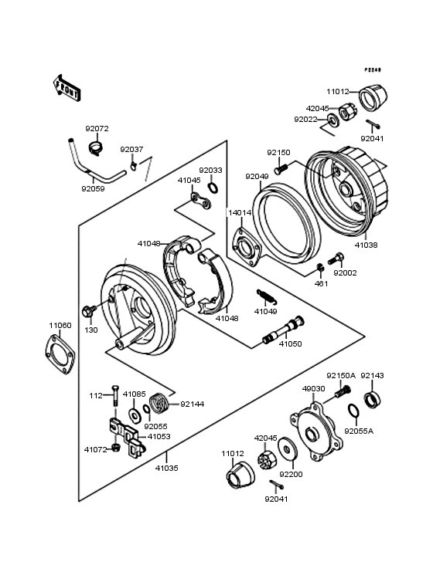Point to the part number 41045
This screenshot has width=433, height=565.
coord(189,180)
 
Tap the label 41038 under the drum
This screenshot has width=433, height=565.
coord(367,245)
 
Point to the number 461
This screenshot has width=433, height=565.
coord(321,283)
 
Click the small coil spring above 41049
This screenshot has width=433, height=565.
coord(264,296)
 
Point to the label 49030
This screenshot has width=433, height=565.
coord(313,390)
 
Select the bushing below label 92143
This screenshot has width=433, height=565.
coord(372,400)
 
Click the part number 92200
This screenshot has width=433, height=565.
coord(291,475)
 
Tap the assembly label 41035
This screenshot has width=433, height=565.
coord(165,468)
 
